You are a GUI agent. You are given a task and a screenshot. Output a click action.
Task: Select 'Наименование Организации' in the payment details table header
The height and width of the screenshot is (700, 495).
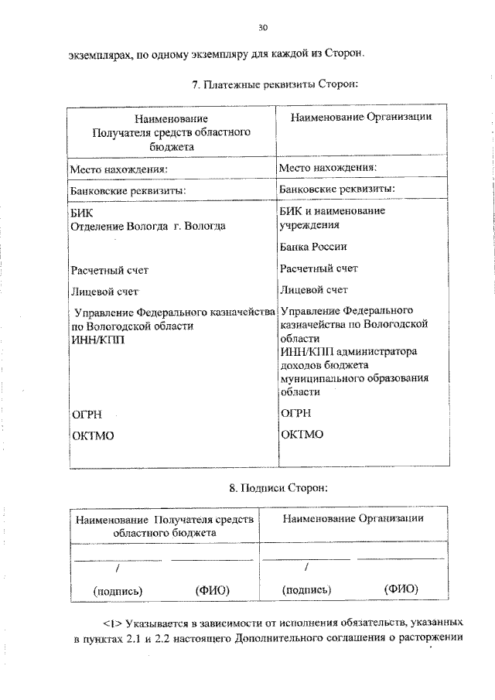360,117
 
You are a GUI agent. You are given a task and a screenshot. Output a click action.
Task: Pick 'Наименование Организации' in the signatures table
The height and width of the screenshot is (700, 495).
353,517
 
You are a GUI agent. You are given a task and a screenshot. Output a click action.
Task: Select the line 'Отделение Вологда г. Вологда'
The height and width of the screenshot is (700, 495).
148,226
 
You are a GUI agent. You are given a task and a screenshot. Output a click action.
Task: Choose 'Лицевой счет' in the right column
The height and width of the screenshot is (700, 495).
314,290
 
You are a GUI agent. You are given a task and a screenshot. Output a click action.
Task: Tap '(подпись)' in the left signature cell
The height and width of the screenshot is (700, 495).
118,590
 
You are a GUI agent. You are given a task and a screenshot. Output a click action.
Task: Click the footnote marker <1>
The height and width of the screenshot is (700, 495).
113,623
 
